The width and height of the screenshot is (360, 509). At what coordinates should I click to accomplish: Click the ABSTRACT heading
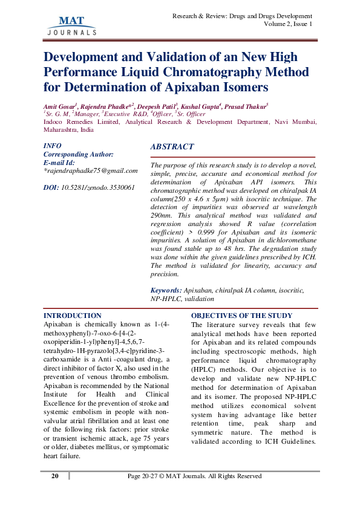coord(172,147)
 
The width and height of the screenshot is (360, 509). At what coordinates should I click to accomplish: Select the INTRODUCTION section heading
coord(73,316)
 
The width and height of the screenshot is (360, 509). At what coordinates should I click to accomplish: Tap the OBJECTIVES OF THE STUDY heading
coord(241,316)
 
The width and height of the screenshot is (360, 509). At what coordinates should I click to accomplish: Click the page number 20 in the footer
coord(55,476)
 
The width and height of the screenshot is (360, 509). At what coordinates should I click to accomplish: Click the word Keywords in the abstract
coord(165,290)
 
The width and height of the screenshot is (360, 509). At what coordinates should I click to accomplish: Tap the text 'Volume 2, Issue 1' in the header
coord(288,24)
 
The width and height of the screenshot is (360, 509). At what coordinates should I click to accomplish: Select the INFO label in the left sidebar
coord(53,146)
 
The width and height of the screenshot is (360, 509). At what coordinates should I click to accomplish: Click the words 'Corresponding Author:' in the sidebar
coord(79,155)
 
